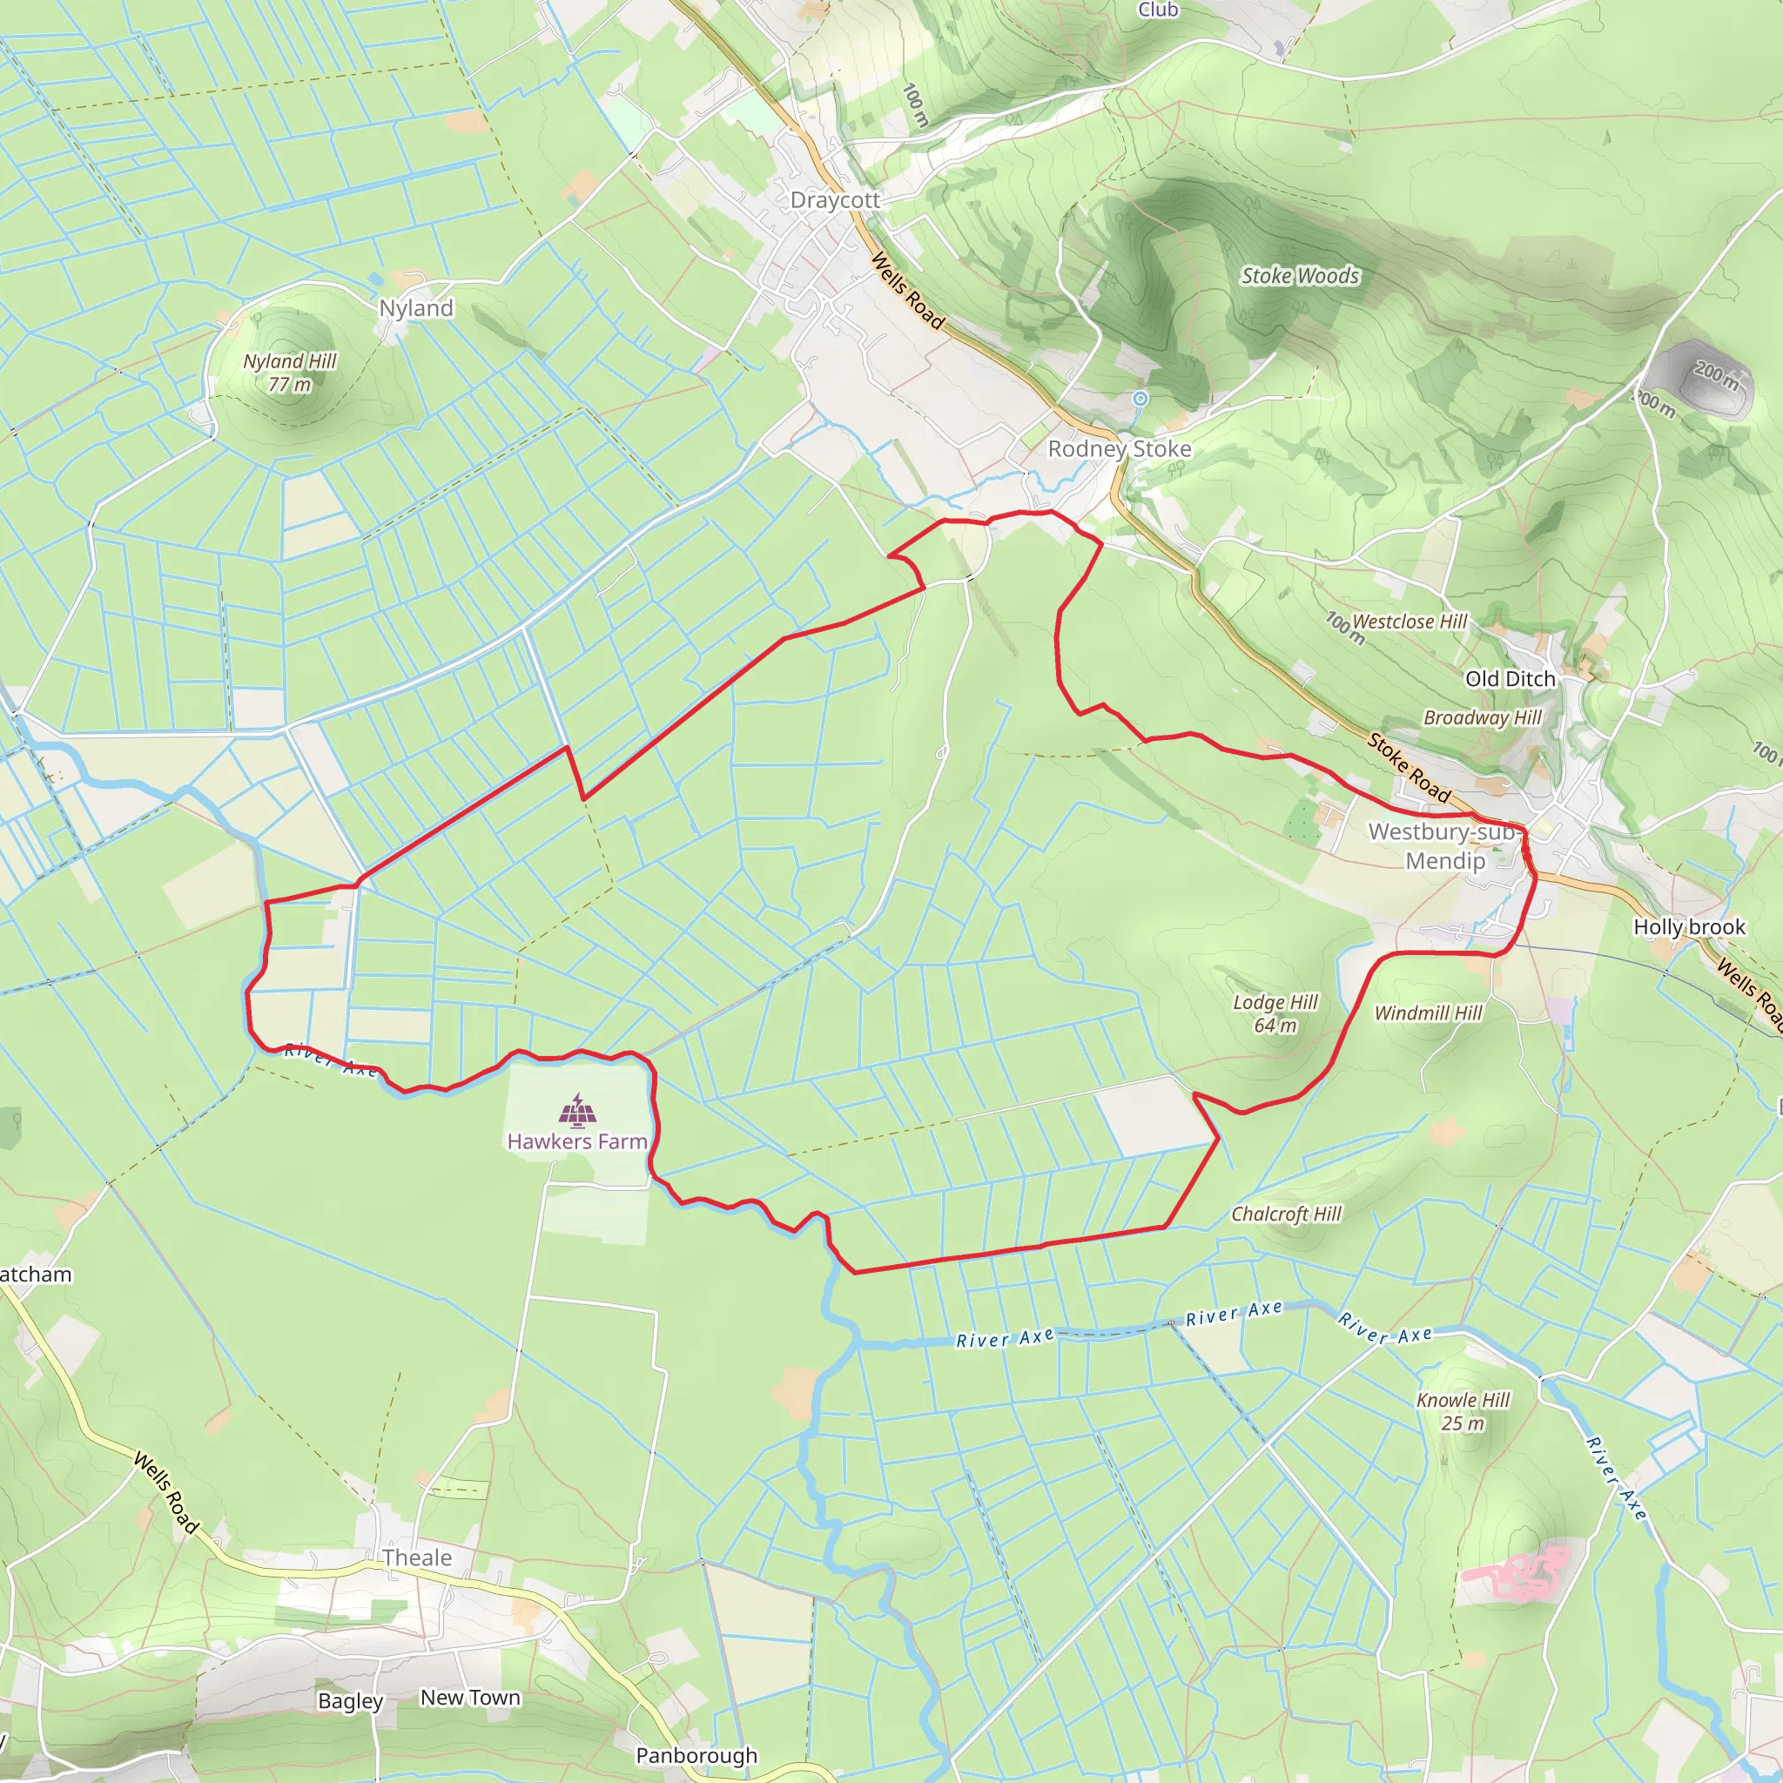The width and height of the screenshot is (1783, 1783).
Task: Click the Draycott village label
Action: [x=834, y=200]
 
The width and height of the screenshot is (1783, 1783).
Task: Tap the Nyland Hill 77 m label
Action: [x=290, y=373]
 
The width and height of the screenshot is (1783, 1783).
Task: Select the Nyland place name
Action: [x=416, y=308]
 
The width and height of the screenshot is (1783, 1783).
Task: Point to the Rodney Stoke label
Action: [x=1120, y=448]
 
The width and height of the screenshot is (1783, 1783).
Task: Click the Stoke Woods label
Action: [x=1300, y=276]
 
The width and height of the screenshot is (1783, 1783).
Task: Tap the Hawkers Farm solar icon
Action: [x=578, y=1111]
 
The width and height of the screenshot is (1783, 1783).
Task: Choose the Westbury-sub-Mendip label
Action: [x=1445, y=846]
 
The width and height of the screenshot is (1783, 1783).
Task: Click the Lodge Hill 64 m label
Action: [x=1275, y=1013]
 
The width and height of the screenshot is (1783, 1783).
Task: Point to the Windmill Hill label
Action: [x=1428, y=1013]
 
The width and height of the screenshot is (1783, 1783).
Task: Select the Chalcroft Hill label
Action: [x=1287, y=1214]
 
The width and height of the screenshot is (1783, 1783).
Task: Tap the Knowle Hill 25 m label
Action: [x=1463, y=1411]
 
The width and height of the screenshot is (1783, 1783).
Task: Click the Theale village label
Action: [x=417, y=1558]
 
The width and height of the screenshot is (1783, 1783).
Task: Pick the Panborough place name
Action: [x=696, y=1755]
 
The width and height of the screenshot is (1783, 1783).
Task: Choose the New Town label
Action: [x=471, y=1697]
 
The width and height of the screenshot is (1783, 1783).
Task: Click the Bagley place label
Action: [x=350, y=1701]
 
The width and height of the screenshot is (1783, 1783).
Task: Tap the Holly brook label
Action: [x=1689, y=926]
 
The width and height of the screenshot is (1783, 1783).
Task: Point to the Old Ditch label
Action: [x=1510, y=679]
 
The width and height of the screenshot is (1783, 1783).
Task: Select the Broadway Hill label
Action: [x=1482, y=718]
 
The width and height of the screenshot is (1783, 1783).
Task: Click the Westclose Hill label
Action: [x=1410, y=622]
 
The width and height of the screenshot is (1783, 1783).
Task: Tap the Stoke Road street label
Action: [x=1410, y=768]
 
